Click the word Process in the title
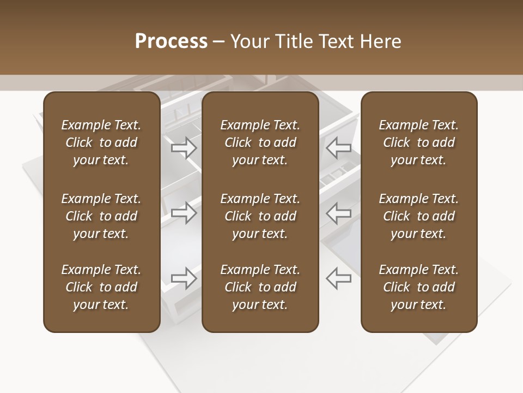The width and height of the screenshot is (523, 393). pos(171,41)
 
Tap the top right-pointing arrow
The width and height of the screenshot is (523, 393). pos(184,147)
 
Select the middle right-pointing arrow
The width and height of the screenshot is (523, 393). pos(184,213)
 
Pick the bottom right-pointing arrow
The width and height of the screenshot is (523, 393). pos(184,278)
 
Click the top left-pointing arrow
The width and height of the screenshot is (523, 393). pos(339,147)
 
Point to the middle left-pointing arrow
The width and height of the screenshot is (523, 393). pos(339,213)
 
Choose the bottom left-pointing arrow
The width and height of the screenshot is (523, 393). pos(339,278)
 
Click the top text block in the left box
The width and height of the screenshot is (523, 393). pos(101,142)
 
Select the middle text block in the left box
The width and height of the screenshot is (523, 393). pos(101,216)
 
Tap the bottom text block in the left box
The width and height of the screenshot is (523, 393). pos(101,287)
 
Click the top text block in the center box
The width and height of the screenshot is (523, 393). pos(260,142)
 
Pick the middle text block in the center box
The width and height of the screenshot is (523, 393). pos(260,216)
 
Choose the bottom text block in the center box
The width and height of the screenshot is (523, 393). pos(260,287)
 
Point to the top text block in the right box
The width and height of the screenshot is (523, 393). pos(418,142)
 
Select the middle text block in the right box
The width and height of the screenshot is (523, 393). pos(418,216)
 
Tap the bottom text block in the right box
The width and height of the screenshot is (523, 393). pos(418,287)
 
